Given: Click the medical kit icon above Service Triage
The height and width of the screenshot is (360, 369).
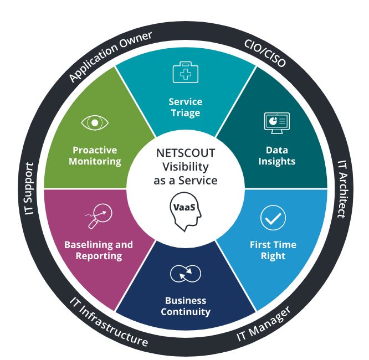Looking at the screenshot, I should [185, 73].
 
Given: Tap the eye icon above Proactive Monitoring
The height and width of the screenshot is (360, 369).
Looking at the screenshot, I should [95, 122].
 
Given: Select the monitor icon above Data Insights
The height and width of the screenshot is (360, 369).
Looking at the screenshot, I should [276, 122].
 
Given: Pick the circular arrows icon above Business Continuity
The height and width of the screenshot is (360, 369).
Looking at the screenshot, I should [185, 274].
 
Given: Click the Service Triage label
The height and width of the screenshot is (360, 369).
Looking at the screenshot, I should [185, 107].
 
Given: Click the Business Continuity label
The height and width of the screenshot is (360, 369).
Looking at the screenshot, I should [186, 306].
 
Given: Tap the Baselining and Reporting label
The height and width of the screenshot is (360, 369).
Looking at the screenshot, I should [99, 250].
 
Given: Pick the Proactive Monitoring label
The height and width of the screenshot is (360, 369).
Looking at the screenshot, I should [95, 156].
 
